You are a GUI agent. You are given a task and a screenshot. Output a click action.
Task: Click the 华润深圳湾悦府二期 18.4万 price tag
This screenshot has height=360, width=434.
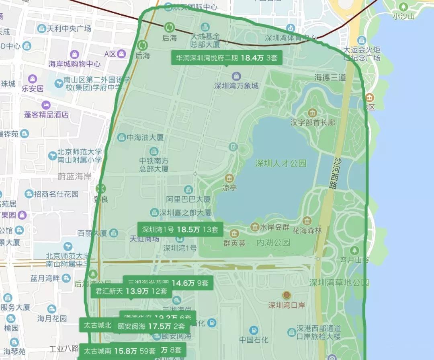227,58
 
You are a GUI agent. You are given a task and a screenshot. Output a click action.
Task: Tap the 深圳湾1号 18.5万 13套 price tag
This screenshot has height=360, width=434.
180,230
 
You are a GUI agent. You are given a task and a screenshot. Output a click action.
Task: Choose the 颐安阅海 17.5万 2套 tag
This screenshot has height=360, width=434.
151,326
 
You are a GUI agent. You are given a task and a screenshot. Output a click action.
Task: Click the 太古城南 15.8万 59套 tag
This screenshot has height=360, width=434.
119,351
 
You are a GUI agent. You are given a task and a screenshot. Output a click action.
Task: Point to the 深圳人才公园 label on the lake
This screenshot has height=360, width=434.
280,163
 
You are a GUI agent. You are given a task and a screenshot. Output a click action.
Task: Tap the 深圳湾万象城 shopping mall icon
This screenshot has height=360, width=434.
236,76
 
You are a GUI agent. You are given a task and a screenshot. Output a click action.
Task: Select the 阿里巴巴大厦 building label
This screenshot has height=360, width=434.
188,199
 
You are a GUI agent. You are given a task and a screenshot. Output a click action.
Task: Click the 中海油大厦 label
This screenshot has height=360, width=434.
145,138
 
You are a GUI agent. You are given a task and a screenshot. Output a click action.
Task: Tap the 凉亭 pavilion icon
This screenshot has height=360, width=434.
229,178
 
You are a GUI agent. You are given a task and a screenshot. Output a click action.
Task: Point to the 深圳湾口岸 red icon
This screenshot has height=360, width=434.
286,295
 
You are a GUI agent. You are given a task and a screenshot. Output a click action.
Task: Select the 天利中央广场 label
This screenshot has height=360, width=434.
69,29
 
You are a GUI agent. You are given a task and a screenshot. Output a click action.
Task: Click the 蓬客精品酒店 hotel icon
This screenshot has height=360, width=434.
46,105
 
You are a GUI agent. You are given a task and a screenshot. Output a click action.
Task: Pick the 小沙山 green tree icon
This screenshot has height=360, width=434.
403,7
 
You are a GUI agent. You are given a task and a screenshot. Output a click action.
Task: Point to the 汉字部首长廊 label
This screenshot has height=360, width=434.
312,122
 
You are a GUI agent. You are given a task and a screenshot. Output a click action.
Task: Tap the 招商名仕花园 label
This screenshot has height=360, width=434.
56,194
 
